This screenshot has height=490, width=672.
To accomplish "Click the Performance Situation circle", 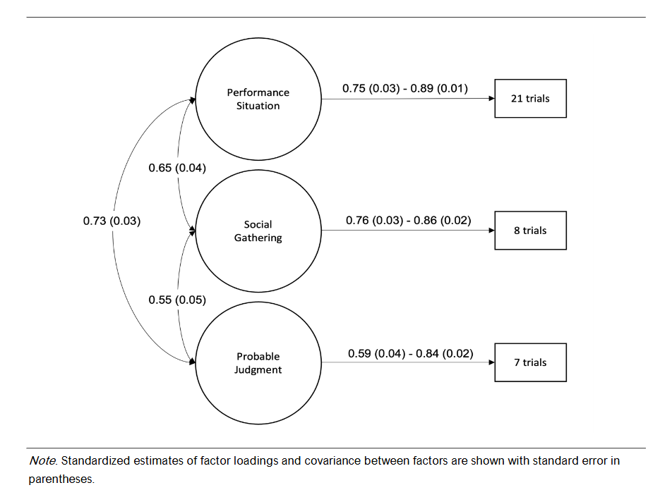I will tap(258, 99).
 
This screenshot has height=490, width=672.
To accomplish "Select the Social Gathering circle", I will tap(258, 231).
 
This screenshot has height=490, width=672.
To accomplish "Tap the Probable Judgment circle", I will tap(258, 363).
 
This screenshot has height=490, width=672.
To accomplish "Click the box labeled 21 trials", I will tap(530, 98).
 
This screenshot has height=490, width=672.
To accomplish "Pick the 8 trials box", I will tap(530, 231).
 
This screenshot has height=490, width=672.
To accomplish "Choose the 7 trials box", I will tap(530, 362).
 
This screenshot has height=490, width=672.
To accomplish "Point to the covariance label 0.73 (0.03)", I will tap(112, 221).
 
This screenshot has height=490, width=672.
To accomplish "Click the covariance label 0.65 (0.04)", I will tap(177, 168).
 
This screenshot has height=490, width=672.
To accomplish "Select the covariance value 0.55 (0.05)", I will tap(177, 300).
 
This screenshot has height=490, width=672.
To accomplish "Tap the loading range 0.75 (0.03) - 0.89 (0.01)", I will tap(405, 88).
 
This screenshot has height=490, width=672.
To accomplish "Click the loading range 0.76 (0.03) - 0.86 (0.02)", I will tap(408, 221).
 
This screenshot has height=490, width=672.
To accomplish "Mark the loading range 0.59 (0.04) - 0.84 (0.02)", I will tap(410, 353).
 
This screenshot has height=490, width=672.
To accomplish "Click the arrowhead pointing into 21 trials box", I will tap(491, 99).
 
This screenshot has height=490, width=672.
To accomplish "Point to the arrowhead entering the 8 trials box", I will tap(491, 231).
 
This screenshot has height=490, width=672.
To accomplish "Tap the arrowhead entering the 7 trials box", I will tap(491, 363).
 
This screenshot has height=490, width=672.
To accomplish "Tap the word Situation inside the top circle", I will tap(258, 106).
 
